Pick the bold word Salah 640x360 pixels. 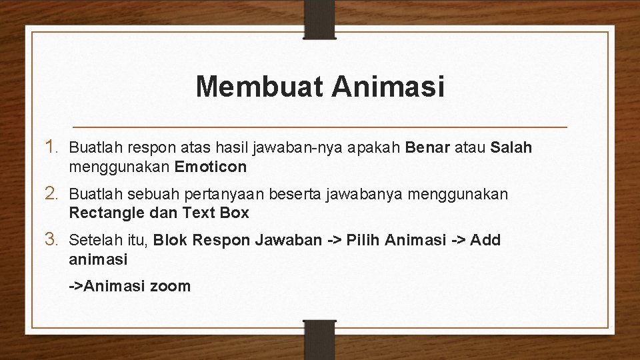(511, 147)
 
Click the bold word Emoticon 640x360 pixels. (211, 166)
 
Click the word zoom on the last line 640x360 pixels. (171, 286)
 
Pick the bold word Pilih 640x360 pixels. (365, 240)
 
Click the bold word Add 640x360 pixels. (485, 240)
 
